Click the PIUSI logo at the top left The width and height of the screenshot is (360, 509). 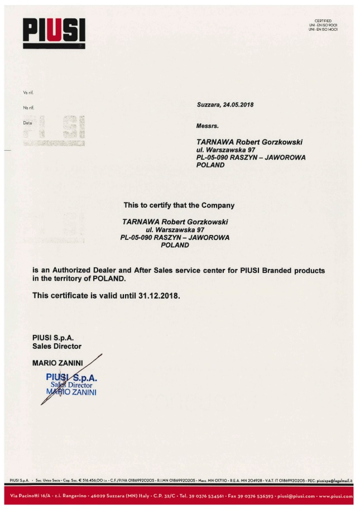[x=54, y=31]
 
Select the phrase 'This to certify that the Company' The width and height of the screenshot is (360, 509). [x=179, y=205]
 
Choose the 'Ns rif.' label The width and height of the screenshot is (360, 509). [x=28, y=107]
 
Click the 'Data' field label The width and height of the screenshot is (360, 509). [x=27, y=121]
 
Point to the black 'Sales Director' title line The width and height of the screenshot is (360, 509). [x=57, y=347]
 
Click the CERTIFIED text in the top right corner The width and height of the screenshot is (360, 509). [x=323, y=21]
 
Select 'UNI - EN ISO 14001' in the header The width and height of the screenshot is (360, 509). [x=323, y=29]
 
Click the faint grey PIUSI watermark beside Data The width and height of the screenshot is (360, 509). [x=55, y=130]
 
